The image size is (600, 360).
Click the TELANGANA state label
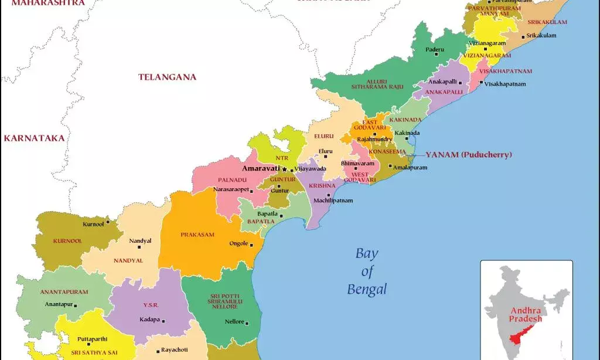point(167,77)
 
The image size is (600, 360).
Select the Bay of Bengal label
point(367,271)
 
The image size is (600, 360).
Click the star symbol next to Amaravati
point(285,169)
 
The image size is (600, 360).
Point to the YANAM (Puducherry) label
point(468,155)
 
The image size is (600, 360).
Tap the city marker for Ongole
point(251,244)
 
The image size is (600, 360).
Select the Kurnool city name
point(93,224)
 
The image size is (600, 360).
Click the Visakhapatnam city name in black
point(505,84)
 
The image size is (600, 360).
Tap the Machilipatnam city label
point(333,201)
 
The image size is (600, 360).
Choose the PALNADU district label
point(231,179)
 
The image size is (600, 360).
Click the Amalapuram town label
point(410,167)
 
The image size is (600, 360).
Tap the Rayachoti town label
point(175,350)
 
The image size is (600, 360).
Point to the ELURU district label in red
point(323,136)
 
